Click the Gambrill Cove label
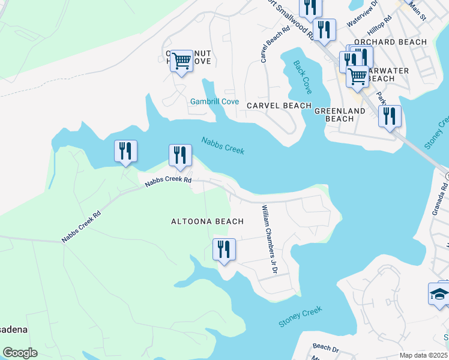[214, 101]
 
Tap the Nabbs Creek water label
[223, 146]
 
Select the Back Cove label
[303, 77]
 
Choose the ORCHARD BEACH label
[390, 42]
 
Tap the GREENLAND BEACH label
[340, 115]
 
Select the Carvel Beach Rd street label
[266, 44]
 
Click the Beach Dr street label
[326, 347]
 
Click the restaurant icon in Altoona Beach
[224, 248]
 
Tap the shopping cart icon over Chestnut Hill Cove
[181, 60]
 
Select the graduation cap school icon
[439, 294]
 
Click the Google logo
[20, 353]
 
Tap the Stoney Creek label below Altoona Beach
[300, 317]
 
